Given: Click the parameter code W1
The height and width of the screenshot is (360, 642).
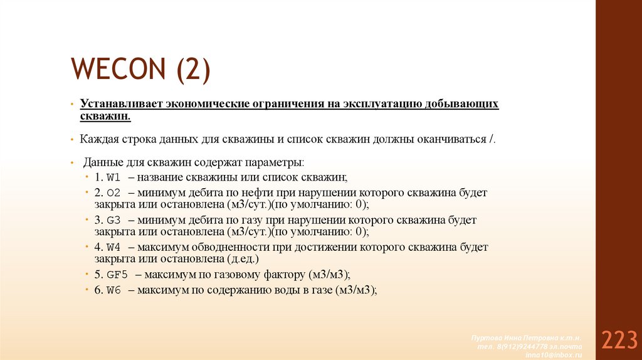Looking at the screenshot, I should coord(113,177).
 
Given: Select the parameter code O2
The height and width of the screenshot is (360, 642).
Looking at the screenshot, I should coord(114,193).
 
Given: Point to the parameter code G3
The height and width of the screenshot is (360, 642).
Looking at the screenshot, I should coord(113,220).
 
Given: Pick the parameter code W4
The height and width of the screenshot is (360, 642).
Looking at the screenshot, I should coord(113,247).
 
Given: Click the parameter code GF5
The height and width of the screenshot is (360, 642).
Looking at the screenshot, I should coord(117,275).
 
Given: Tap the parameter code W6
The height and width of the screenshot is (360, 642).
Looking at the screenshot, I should coord(113,290).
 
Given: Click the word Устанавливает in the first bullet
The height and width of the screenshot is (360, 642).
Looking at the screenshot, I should coord(117,103).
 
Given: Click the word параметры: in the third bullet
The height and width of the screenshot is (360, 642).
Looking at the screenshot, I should coord(276,162).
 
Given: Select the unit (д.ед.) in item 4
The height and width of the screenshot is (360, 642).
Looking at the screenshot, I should coord(241,259).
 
